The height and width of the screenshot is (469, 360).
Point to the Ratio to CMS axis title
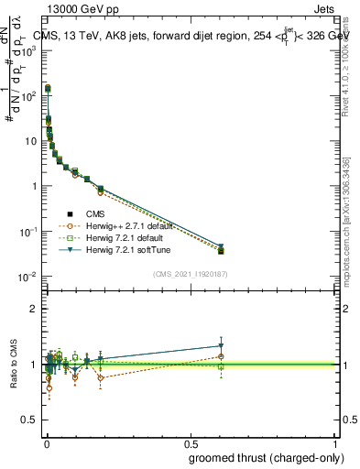12,365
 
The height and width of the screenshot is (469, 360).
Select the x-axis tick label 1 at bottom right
335,443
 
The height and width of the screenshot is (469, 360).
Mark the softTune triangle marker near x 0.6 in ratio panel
221,346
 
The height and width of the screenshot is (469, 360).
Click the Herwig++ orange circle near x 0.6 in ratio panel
221,356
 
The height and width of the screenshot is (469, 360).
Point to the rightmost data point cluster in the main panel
221,249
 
